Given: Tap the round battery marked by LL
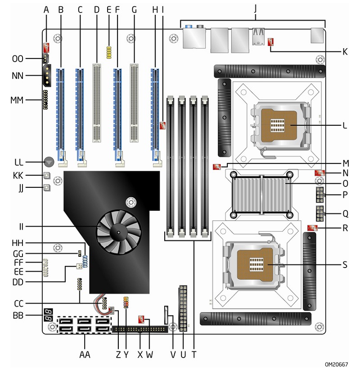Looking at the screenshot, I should [x=49, y=161].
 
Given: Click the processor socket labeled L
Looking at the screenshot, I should [x=282, y=125].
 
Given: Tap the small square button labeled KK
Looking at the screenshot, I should [x=46, y=175].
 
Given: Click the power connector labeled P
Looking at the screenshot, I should [x=320, y=196].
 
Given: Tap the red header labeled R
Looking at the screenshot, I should [x=312, y=228].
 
